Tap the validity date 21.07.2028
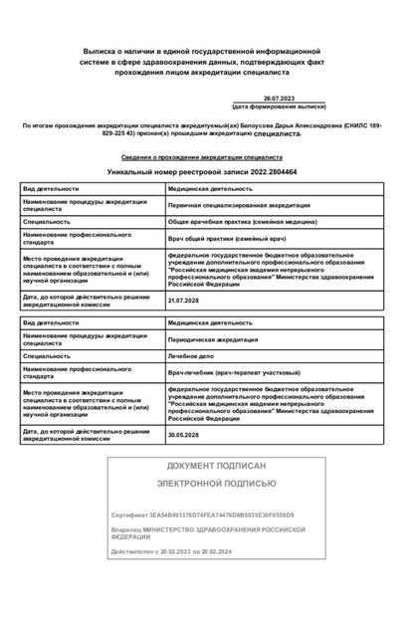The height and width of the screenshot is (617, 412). (x=184, y=300)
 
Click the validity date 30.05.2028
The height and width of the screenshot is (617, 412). (x=184, y=435)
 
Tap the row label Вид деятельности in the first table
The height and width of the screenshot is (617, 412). (x=51, y=188)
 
